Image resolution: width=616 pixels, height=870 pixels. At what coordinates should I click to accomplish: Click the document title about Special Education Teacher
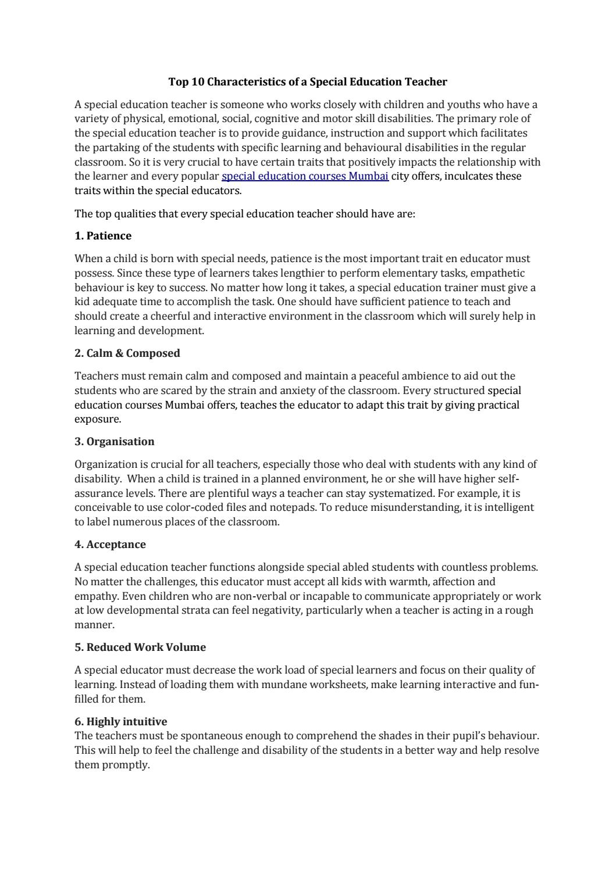308,82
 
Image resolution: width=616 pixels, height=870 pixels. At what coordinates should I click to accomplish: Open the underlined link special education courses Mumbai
305,176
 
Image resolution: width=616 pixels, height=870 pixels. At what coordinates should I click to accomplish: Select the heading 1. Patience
103,236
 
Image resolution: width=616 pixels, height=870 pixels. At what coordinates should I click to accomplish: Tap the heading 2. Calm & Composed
127,353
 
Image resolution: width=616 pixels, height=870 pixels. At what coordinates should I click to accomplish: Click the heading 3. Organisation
115,442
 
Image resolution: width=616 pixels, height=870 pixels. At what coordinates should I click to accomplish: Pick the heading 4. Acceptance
110,545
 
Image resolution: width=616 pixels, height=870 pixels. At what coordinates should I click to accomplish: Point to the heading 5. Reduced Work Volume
140,647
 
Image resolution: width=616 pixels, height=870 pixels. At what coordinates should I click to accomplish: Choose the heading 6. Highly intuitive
120,722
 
